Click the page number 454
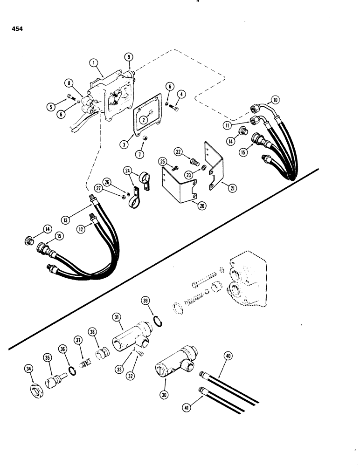pyautogui.click(x=14, y=28)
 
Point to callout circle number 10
pyautogui.click(x=276, y=99)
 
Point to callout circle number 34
pyautogui.click(x=29, y=370)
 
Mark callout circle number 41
pyautogui.click(x=188, y=408)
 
